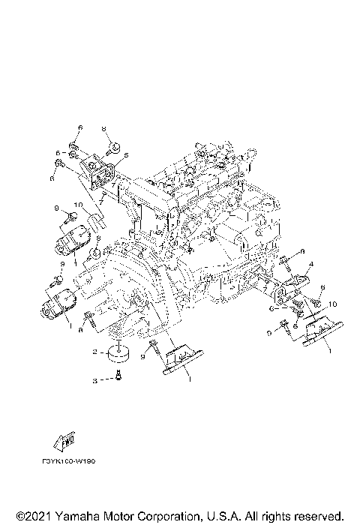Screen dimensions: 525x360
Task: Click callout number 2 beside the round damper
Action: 94,350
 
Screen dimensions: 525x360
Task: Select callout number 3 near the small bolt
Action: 94,381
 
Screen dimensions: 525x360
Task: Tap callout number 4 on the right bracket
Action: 310,263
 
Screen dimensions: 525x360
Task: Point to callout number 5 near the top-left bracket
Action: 127,155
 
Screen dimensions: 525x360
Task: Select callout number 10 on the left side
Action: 77,205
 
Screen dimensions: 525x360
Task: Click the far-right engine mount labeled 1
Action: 319,331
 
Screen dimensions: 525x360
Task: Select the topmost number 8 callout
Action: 104,127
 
